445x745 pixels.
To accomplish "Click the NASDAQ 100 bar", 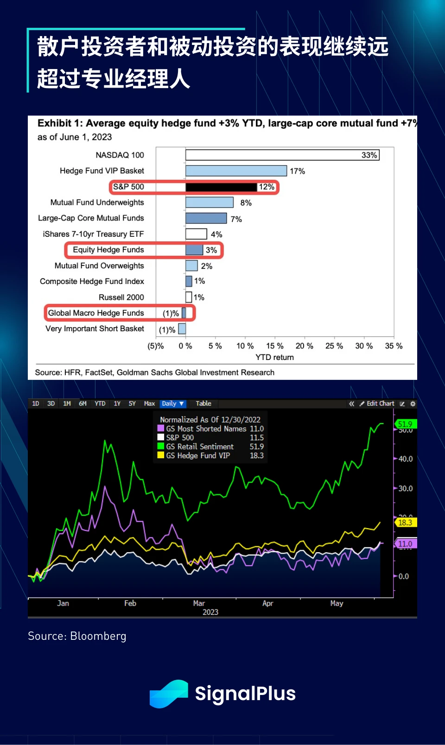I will click(282, 155).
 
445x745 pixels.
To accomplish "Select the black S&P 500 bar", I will click(221, 187).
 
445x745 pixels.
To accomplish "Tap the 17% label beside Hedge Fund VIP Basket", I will click(297, 171).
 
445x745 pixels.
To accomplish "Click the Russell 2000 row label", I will click(121, 297).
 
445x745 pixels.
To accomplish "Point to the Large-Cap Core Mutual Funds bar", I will click(206, 219).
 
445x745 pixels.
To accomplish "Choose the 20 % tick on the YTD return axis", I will click(304, 346).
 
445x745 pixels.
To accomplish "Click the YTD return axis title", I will click(274, 357).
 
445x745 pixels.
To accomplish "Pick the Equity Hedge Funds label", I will click(108, 250).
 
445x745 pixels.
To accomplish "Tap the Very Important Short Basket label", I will click(95, 329).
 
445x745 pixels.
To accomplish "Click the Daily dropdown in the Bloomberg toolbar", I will click(173, 404).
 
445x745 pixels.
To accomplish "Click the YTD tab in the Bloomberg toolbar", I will click(100, 404).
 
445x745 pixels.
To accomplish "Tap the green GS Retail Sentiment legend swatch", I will click(161, 446).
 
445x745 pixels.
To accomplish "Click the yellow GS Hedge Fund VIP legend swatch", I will click(161, 455).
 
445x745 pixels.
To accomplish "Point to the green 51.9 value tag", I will click(405, 424).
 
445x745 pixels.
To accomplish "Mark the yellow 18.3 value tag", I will click(405, 523).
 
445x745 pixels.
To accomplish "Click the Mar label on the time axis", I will click(199, 603).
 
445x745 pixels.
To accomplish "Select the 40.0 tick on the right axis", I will click(405, 459).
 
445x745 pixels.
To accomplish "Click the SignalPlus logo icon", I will click(169, 694).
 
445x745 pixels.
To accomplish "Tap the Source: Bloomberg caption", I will click(77, 636).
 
